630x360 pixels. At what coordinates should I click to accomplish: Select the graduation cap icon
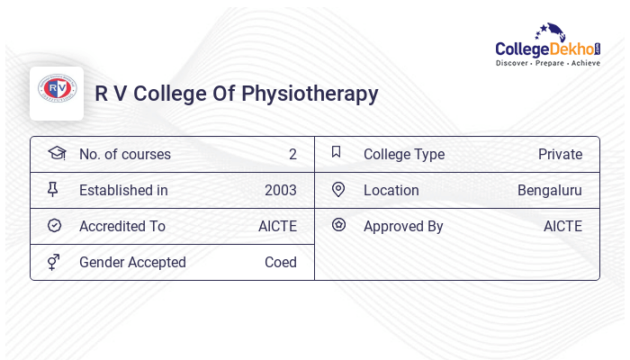pyautogui.click(x=56, y=153)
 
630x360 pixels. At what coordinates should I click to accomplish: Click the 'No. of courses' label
pyautogui.click(x=124, y=154)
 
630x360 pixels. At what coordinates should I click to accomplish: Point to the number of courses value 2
pyautogui.click(x=292, y=154)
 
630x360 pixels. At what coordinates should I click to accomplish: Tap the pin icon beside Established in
pyautogui.click(x=53, y=190)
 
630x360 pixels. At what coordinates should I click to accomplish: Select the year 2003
pyautogui.click(x=280, y=190)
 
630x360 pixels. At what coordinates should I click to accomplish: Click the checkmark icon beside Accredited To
pyautogui.click(x=54, y=226)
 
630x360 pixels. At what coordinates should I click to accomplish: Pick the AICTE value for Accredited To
pyautogui.click(x=277, y=226)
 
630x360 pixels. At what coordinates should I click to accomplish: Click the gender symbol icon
pyautogui.click(x=54, y=262)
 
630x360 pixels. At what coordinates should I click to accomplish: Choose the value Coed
pyautogui.click(x=280, y=262)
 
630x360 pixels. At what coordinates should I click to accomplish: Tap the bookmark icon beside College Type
pyautogui.click(x=336, y=153)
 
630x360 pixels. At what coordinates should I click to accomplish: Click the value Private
pyautogui.click(x=560, y=154)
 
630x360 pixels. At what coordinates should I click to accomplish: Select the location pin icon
pyautogui.click(x=337, y=190)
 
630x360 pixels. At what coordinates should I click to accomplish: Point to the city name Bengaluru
pyautogui.click(x=549, y=190)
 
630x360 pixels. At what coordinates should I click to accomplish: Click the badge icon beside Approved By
pyautogui.click(x=338, y=225)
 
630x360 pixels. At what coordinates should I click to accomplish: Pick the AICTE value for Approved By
pyautogui.click(x=562, y=226)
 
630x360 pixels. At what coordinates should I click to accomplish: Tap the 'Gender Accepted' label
pyautogui.click(x=132, y=262)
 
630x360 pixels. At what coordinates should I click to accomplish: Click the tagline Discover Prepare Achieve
pyautogui.click(x=548, y=64)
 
